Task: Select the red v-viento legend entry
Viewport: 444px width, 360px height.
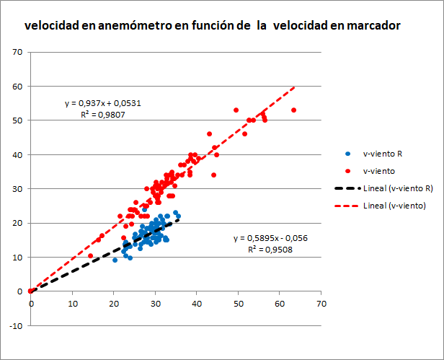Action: click(378, 171)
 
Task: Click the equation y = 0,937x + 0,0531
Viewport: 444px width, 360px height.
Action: click(102, 103)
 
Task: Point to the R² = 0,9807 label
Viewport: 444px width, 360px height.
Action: click(102, 113)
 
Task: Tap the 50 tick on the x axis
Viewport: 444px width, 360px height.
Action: click(239, 304)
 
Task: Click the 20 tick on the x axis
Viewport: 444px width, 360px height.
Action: click(114, 304)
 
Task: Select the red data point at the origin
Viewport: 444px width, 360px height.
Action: click(30, 291)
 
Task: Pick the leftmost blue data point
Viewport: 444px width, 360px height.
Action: click(115, 260)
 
